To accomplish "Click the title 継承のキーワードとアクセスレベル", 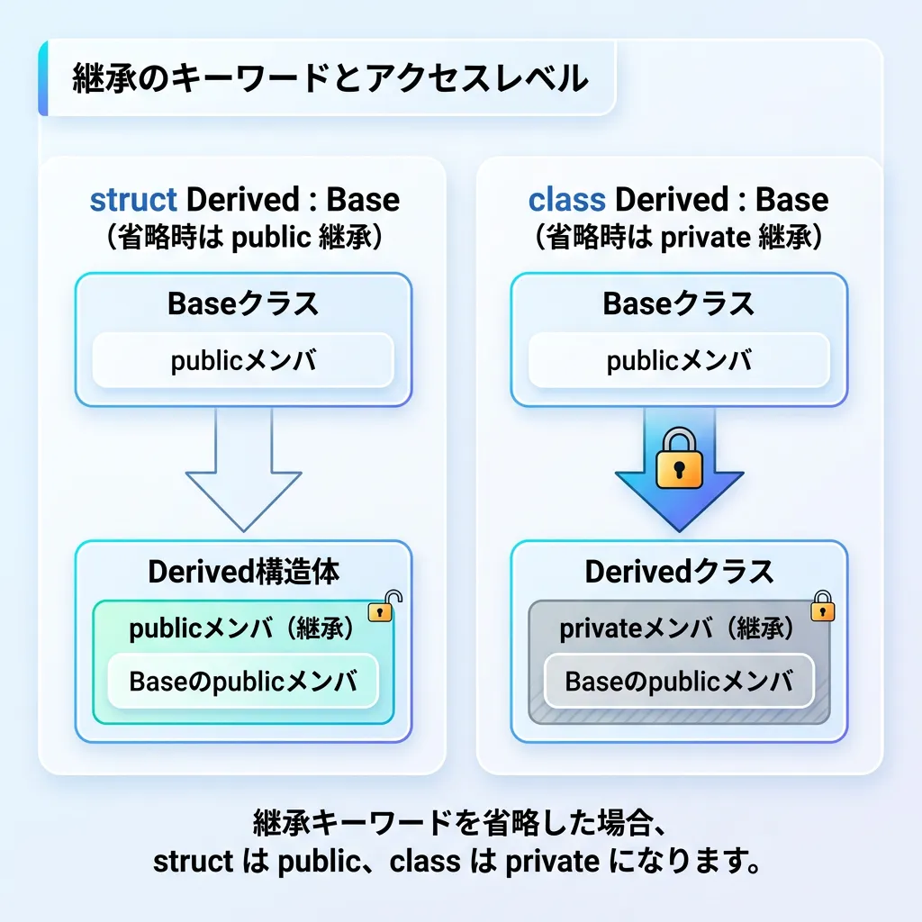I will click(x=330, y=79).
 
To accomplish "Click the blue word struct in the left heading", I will click(x=133, y=200).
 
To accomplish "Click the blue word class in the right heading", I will click(x=567, y=200).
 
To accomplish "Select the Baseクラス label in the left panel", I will click(x=243, y=304).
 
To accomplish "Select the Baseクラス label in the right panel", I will click(x=678, y=304).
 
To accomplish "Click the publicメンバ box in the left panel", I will click(x=243, y=361).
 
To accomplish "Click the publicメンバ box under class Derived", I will click(x=678, y=361).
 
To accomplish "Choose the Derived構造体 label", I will click(x=243, y=572).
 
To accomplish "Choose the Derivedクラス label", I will click(x=678, y=572).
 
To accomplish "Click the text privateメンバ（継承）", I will click(x=677, y=629).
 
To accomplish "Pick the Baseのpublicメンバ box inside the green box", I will click(x=243, y=682).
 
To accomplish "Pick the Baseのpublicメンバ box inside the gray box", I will click(x=678, y=682).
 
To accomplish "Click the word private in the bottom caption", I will click(x=552, y=862).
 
